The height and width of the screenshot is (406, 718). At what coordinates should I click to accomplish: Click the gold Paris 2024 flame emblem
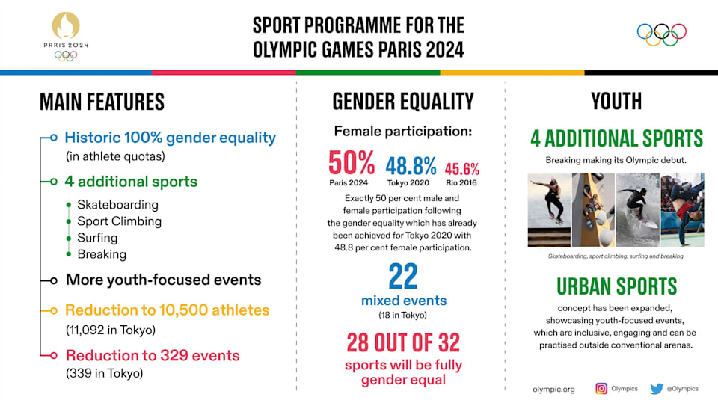point(66,25)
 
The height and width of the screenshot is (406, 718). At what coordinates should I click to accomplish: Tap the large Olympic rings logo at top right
point(662,35)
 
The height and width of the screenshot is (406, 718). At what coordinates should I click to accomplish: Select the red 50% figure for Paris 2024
point(352,163)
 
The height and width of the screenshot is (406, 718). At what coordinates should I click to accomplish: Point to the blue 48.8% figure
point(411,166)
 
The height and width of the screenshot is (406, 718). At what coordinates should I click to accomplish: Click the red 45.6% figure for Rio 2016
point(461,169)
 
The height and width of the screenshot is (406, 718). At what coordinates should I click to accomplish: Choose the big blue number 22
point(403,276)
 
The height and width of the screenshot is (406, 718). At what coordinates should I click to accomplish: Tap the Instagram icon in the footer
point(601,389)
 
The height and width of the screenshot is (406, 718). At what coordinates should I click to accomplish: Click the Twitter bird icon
point(657,389)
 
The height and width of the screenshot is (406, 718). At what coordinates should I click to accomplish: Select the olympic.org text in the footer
point(553,389)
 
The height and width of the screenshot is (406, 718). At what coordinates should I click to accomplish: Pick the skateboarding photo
point(549,210)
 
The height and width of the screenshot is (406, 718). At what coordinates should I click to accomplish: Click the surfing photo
point(637,210)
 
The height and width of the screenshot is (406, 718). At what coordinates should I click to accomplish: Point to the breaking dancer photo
point(682,210)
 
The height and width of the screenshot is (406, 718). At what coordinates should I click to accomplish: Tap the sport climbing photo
point(593,210)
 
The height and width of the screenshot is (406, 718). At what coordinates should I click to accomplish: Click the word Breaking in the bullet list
point(102,254)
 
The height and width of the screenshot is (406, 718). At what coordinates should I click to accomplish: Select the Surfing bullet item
point(97,238)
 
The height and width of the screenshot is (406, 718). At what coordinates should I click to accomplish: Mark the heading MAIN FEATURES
point(102,102)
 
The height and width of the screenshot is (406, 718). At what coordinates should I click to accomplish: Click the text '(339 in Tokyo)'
point(105,373)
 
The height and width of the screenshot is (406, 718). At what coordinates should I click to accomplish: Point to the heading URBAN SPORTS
point(616,286)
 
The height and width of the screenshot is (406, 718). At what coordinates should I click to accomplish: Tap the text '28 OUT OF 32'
point(403,342)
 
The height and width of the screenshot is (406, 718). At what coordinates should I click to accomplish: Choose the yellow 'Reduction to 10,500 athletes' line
point(167,310)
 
